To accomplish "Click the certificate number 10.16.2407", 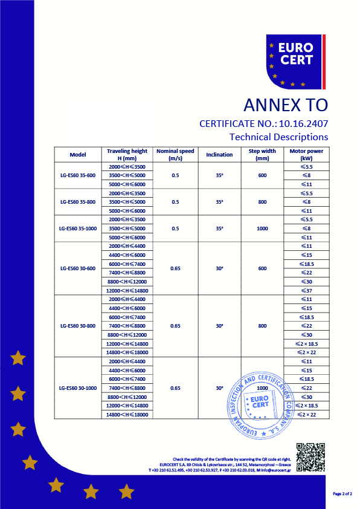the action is tap(301, 123).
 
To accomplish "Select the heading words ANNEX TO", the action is tap(285, 105).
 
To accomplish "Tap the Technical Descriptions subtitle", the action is tap(278, 137).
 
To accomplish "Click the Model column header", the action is tap(78, 154).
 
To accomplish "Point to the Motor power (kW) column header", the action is tap(306, 154).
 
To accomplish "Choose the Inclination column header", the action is tap(219, 154).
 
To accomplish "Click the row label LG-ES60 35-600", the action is tap(78, 175).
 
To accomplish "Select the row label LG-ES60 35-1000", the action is tap(78, 229).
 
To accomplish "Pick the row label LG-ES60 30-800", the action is tap(78, 326).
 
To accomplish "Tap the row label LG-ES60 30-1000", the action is tap(78, 388).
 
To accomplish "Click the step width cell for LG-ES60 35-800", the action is tap(262, 202).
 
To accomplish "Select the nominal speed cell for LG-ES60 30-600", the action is tap(176, 268).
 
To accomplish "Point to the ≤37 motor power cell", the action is tap(306, 291).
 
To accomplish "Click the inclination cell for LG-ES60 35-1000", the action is tap(219, 229).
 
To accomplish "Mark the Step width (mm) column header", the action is tap(262, 154).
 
